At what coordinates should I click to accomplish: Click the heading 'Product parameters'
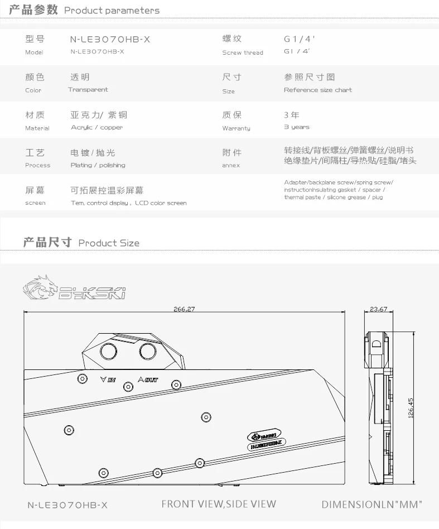[x=112, y=11]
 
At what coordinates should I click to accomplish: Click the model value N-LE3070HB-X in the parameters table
[x=110, y=40]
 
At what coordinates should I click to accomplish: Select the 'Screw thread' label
[x=242, y=53]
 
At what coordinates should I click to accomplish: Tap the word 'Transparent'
[x=88, y=90]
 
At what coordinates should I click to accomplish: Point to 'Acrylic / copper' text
[x=97, y=128]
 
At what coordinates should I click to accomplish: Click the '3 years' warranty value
[x=296, y=128]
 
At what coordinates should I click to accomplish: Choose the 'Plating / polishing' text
[x=98, y=165]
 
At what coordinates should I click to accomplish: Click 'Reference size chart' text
[x=317, y=90]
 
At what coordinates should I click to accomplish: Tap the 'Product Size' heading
[x=109, y=243]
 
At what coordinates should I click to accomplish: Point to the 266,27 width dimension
[x=184, y=309]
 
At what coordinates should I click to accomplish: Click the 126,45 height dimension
[x=411, y=408]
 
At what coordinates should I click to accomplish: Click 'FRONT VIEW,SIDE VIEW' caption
[x=219, y=504]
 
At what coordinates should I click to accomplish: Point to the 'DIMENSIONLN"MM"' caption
[x=372, y=504]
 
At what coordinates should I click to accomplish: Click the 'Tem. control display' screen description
[x=99, y=203]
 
